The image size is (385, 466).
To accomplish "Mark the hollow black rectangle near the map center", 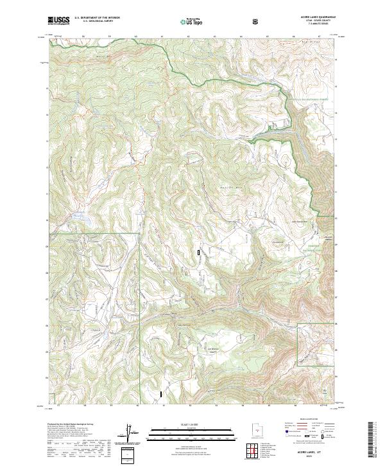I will [x=199, y=253].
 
